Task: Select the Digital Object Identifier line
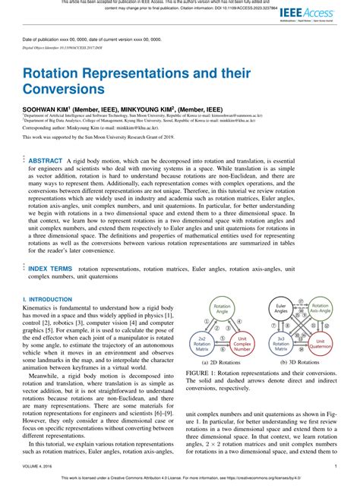click(65, 47)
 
